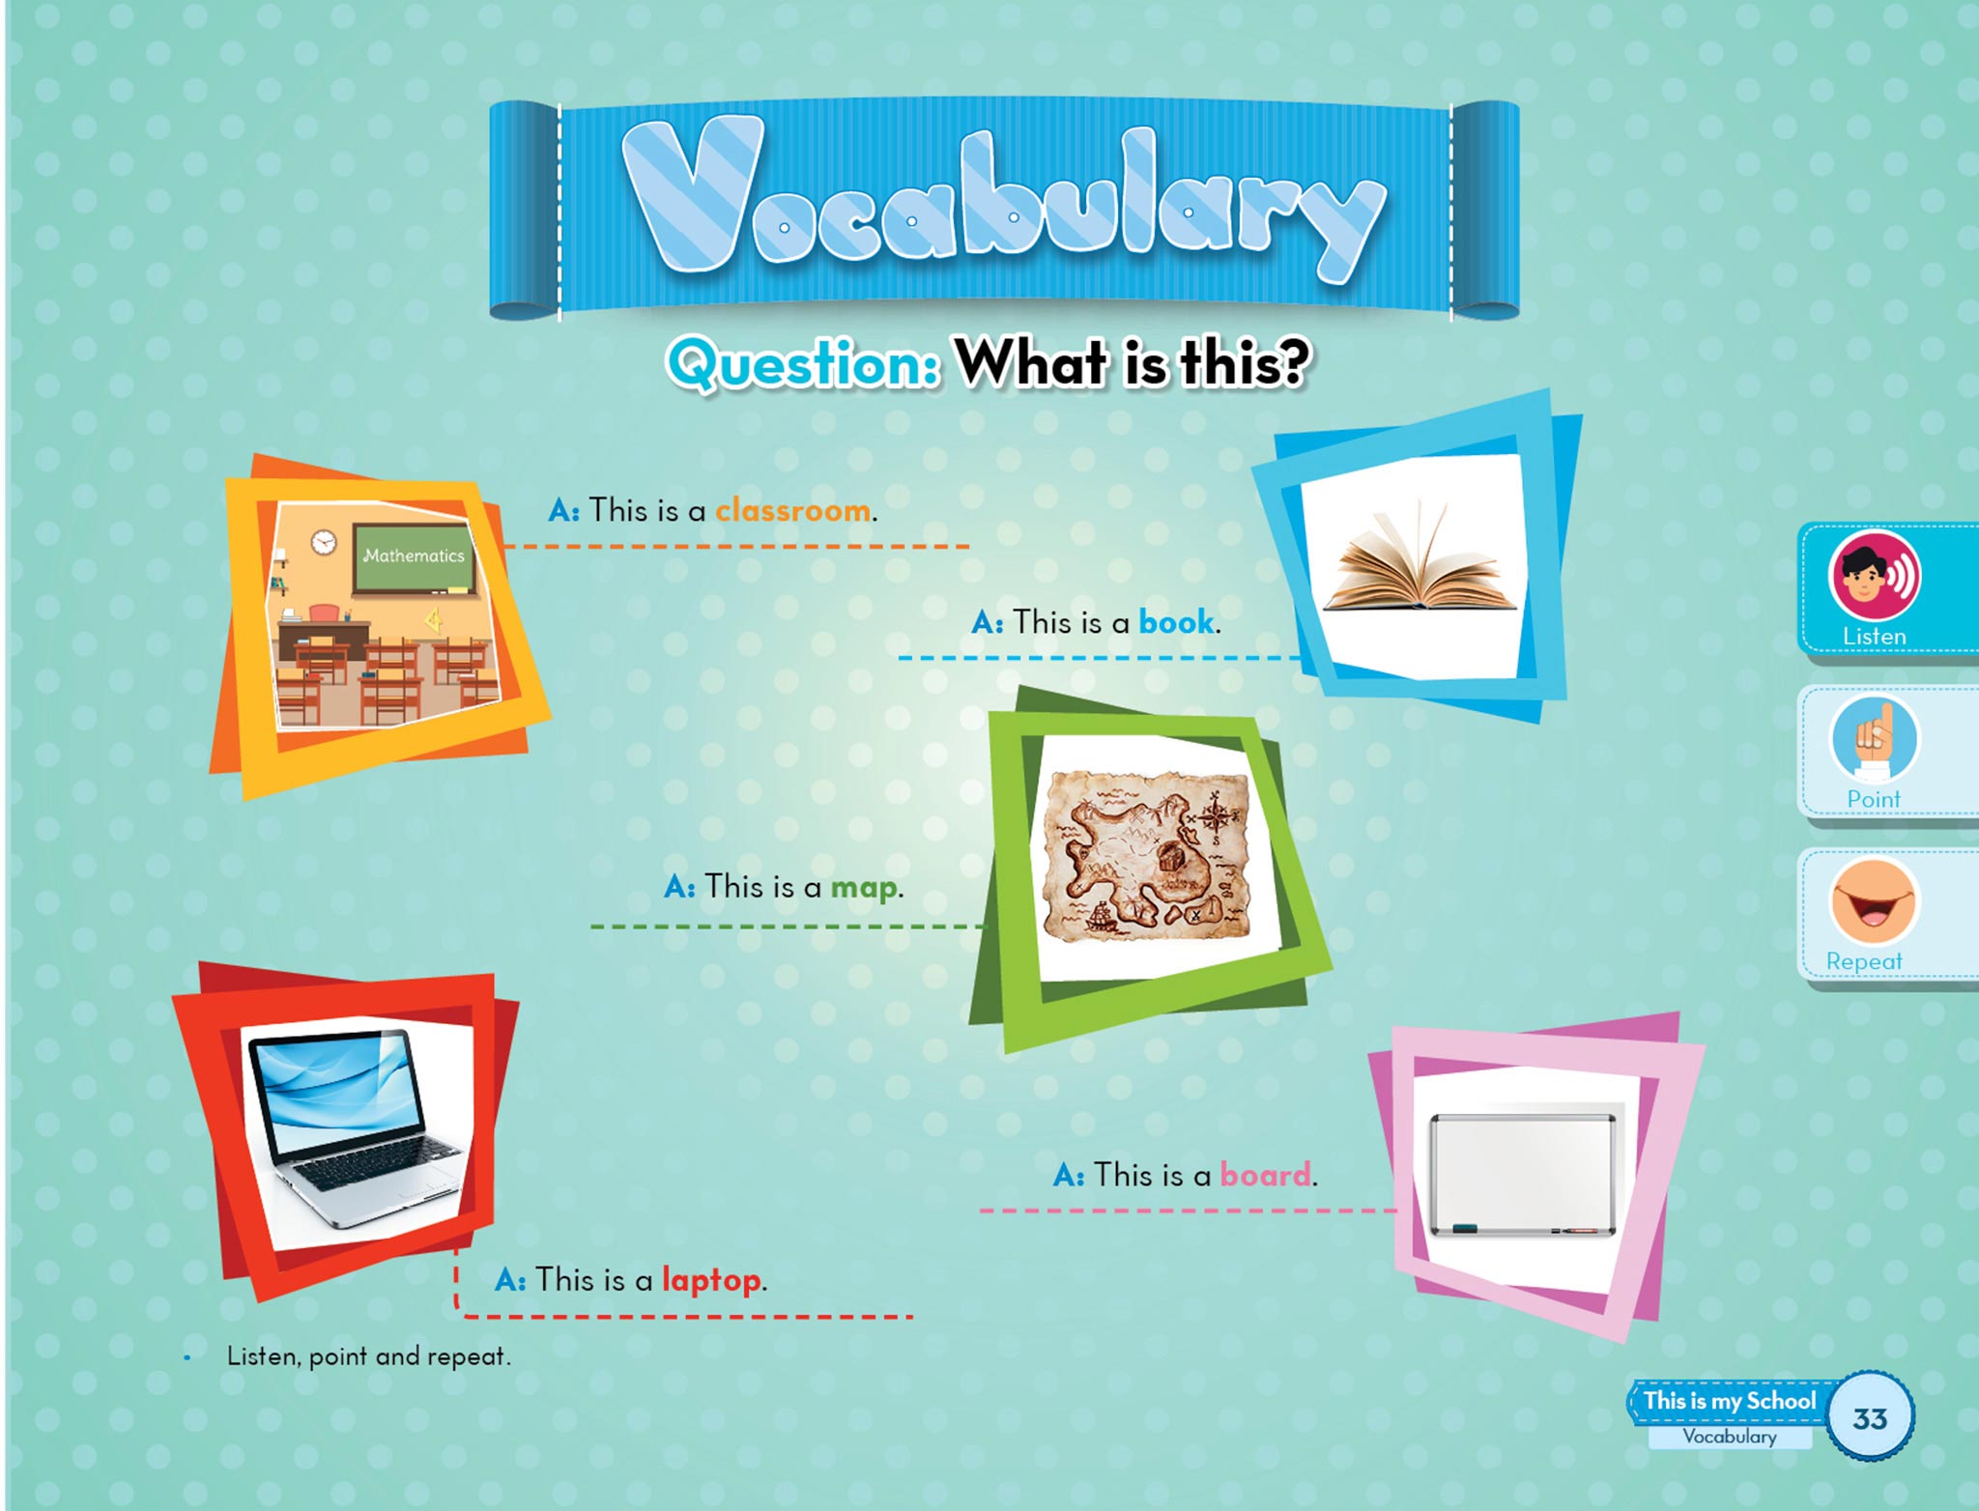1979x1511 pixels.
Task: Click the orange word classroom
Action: pos(792,509)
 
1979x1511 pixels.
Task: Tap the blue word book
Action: pos(1176,621)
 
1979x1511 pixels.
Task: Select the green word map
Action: pos(864,888)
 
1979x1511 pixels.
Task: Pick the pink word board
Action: pos(1266,1174)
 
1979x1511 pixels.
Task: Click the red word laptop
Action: pos(711,1280)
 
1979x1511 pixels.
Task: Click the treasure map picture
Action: pos(1146,856)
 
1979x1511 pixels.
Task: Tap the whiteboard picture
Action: pos(1522,1175)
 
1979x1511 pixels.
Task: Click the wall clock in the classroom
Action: pos(324,542)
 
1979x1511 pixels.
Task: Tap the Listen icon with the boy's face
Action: pos(1874,576)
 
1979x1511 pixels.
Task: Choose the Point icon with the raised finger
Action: pos(1874,739)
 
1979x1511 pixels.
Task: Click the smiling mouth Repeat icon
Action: pos(1873,901)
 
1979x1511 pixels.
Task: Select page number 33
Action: pos(1870,1418)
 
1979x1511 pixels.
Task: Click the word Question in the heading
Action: pos(803,365)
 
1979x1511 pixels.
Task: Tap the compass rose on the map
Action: pos(1213,811)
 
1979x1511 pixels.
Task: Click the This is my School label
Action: pos(1730,1401)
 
